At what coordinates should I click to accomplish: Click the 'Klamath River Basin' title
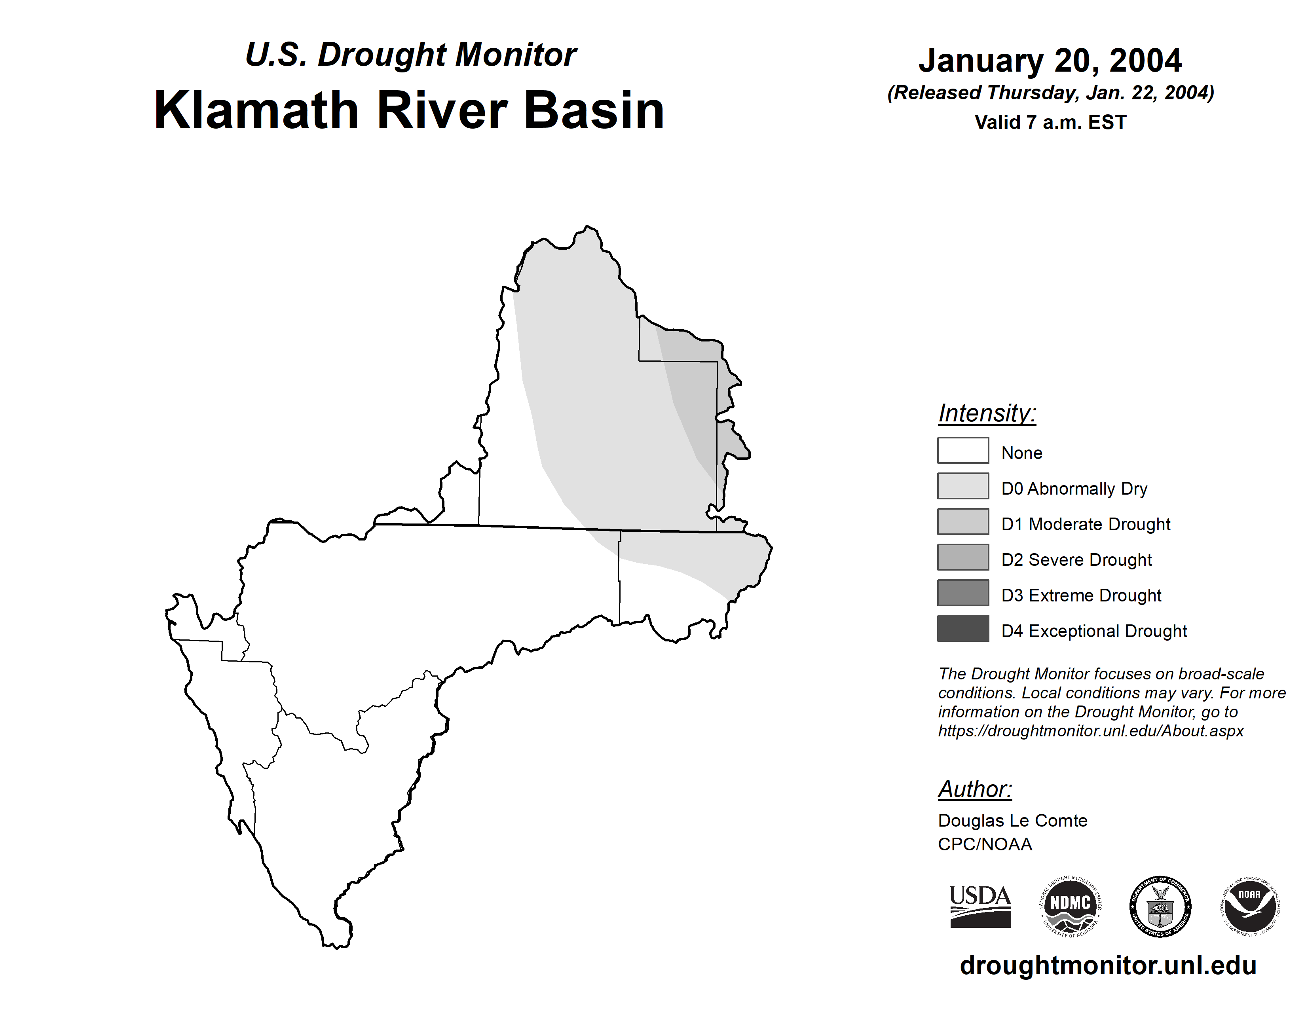click(x=410, y=110)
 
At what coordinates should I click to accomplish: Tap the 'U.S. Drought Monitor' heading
click(x=411, y=55)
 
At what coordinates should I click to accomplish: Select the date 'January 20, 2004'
click(x=1050, y=61)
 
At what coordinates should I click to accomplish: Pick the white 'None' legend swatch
click(x=963, y=450)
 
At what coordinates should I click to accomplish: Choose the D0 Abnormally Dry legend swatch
click(x=963, y=486)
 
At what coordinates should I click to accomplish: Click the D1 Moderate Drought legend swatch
click(x=963, y=521)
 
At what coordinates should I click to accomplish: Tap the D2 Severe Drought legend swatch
click(x=963, y=557)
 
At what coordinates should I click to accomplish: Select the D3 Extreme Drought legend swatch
click(x=963, y=592)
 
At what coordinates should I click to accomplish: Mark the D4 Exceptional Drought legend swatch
click(x=963, y=628)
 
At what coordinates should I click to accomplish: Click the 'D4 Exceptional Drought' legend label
click(x=1094, y=631)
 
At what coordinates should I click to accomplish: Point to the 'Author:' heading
click(x=975, y=789)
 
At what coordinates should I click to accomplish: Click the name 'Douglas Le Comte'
click(x=1012, y=821)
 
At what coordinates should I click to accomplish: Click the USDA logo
click(x=980, y=906)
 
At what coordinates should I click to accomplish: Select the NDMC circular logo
click(x=1071, y=906)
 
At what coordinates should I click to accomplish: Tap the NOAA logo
click(x=1250, y=906)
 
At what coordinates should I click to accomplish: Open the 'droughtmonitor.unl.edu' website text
click(x=1108, y=966)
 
